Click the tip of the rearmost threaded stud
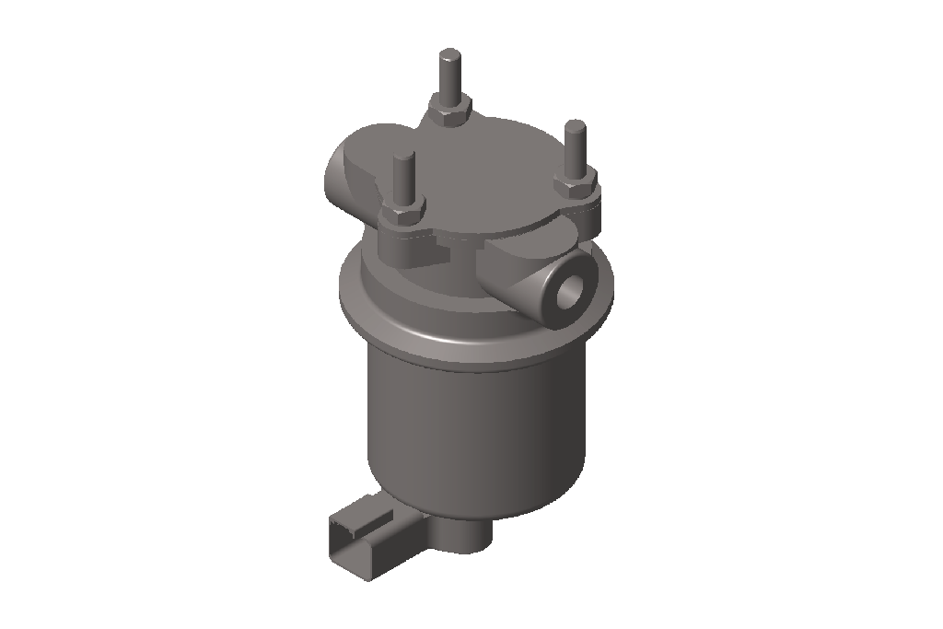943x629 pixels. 449,55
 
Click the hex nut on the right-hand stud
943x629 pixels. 576,184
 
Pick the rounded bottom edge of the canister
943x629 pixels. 479,502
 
